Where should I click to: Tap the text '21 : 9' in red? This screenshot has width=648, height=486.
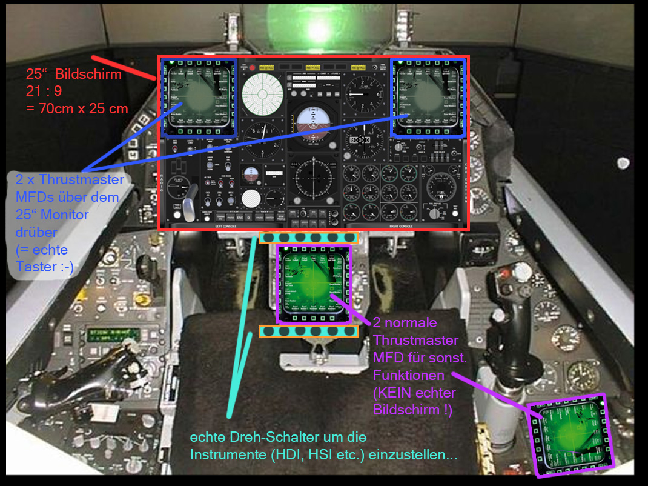coord(45,92)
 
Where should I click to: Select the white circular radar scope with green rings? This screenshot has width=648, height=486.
coord(263,93)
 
